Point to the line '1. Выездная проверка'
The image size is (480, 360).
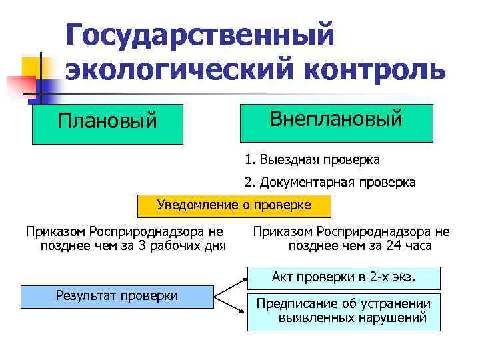pos(312,160)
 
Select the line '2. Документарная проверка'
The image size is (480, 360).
pos(330,182)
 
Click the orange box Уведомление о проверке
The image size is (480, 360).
pos(234,206)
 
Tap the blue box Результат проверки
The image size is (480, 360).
pos(117,295)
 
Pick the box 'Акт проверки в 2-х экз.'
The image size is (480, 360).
pos(344,277)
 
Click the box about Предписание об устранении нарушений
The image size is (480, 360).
pos(344,311)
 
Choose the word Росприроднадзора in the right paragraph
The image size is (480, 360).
pos(363,232)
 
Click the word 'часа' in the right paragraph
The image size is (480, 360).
pos(419,246)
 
